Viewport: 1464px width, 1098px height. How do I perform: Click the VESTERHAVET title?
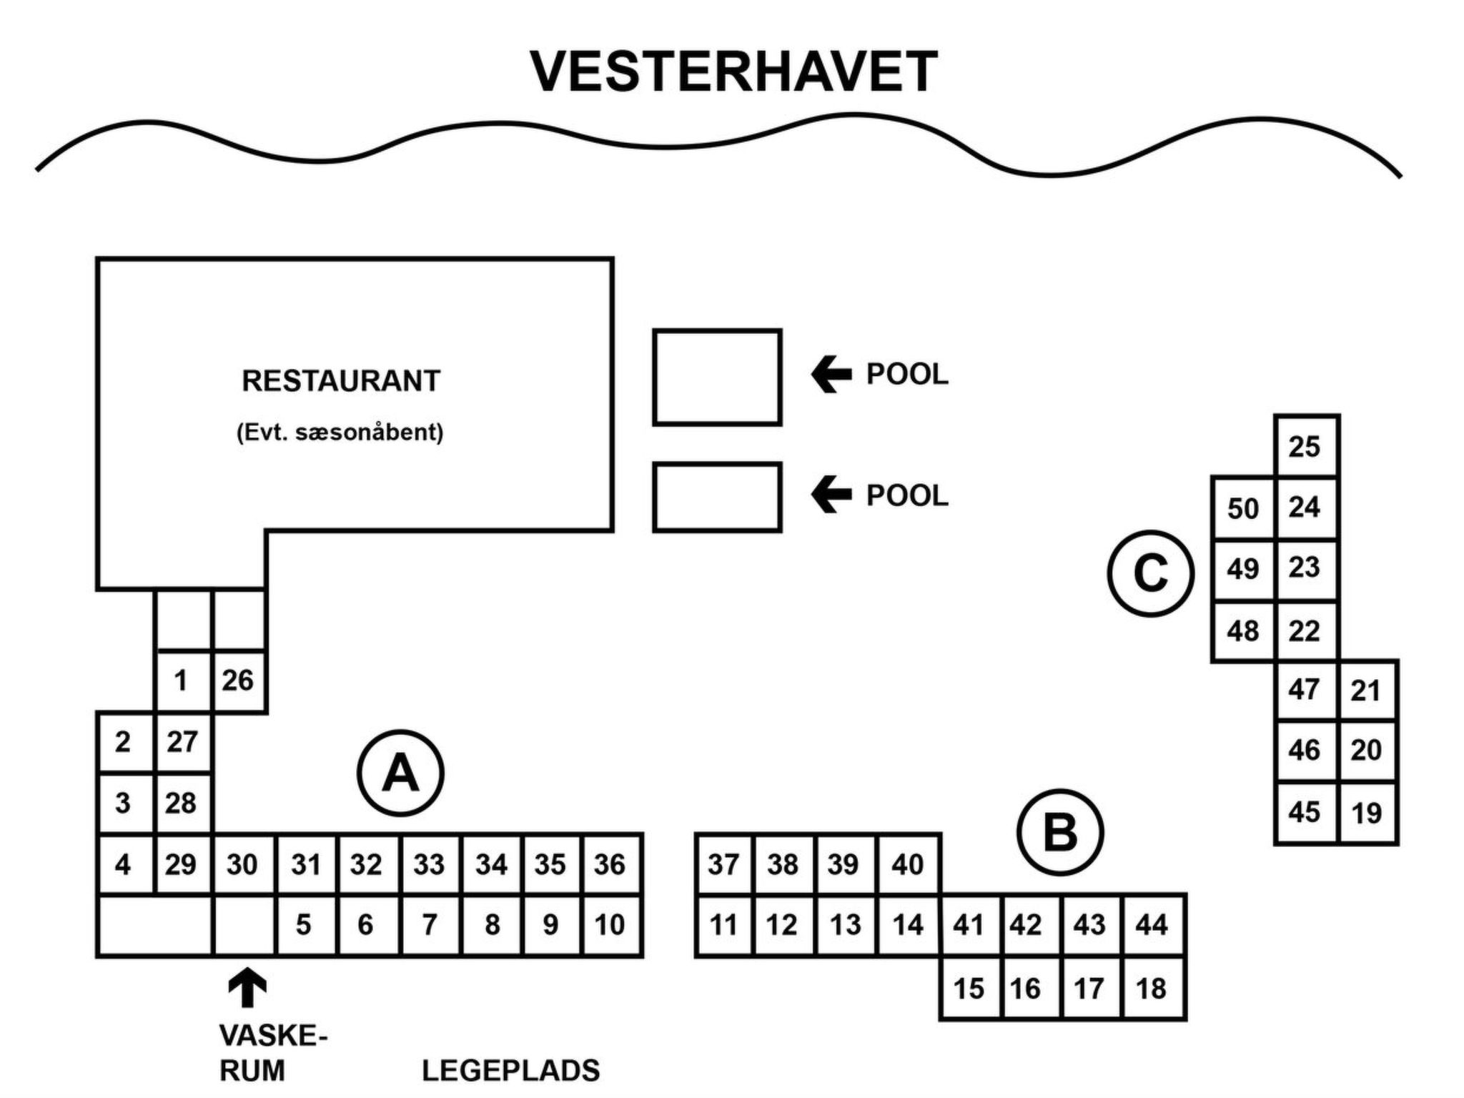point(733,71)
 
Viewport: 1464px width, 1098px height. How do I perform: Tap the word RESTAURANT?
point(341,381)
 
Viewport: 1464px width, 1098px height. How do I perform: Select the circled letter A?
point(400,773)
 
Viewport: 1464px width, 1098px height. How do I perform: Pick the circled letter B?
point(1060,832)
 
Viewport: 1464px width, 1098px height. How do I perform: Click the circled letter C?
point(1150,573)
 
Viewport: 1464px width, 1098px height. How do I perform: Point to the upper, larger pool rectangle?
point(717,377)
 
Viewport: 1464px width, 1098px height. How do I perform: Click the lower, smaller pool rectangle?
point(717,497)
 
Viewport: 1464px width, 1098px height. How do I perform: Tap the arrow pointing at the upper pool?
point(831,375)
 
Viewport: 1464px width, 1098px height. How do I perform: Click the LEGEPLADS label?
point(510,1071)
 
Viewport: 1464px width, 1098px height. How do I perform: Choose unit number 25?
point(1305,447)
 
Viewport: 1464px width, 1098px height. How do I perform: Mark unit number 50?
point(1243,508)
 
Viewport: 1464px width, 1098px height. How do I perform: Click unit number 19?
point(1366,813)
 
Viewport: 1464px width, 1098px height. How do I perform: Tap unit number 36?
point(610,864)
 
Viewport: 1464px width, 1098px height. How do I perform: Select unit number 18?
point(1151,989)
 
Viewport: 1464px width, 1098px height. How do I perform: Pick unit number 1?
point(182,681)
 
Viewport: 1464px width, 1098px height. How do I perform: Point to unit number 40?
point(907,864)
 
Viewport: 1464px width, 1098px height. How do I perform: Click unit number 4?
point(123,864)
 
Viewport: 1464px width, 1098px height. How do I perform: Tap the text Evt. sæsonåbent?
point(340,432)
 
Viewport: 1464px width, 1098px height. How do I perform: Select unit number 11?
point(723,925)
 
